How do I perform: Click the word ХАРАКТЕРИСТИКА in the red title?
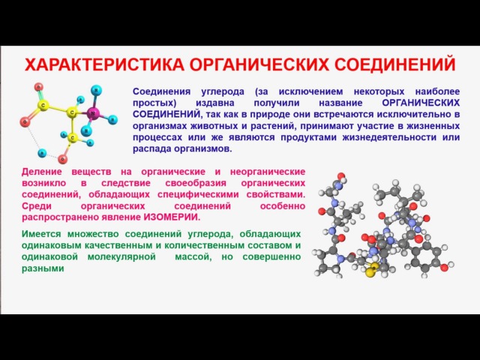coord(104,64)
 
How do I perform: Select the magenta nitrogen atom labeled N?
coord(92,114)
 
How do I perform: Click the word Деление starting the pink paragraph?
coord(42,172)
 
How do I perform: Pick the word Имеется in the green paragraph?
coord(41,234)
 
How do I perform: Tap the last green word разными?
coord(43,268)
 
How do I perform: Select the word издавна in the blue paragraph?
coord(215,103)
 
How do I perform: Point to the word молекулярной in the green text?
coord(121,257)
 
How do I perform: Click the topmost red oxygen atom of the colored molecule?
coord(38,87)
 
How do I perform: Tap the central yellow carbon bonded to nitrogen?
coord(72,112)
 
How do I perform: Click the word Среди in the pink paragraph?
coord(37,206)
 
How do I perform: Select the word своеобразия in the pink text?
coord(196,183)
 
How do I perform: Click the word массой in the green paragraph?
coord(193,257)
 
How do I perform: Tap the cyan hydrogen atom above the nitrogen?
coord(96,90)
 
